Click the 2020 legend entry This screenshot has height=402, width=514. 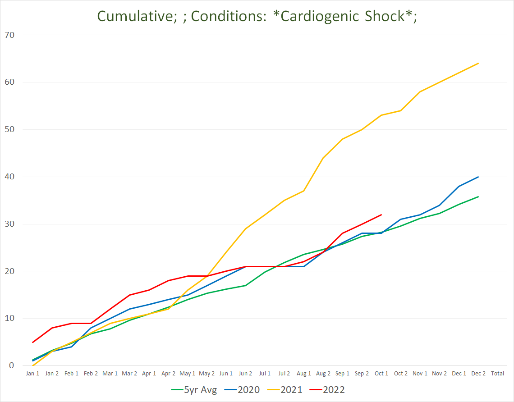pyautogui.click(x=248, y=389)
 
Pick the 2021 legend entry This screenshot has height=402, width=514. pyautogui.click(x=291, y=389)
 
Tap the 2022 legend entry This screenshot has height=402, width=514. pyautogui.click(x=334, y=389)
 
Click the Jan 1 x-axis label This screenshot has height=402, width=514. pyautogui.click(x=32, y=374)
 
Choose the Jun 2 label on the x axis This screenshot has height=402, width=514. pyautogui.click(x=245, y=374)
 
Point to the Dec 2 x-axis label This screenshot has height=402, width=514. pyautogui.click(x=478, y=374)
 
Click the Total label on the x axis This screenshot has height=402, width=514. pyautogui.click(x=497, y=374)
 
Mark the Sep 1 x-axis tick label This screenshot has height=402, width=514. pyautogui.click(x=342, y=374)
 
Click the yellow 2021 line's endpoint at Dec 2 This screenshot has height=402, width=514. pyautogui.click(x=478, y=64)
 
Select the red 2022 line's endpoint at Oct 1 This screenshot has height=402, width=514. pyautogui.click(x=381, y=215)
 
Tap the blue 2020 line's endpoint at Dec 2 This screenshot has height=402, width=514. pyautogui.click(x=478, y=177)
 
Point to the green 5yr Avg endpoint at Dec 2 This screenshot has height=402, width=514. pyautogui.click(x=478, y=196)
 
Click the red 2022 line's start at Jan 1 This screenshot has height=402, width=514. pyautogui.click(x=32, y=342)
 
